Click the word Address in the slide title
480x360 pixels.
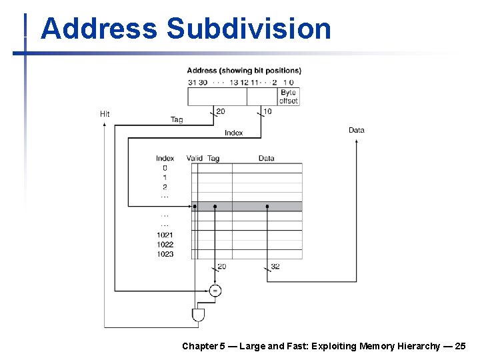[99, 29]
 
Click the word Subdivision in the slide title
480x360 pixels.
[249, 29]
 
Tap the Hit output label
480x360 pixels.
[105, 114]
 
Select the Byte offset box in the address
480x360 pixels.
[289, 97]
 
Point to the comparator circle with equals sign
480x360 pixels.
[215, 291]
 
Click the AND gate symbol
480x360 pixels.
[198, 315]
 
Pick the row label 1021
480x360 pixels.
[165, 235]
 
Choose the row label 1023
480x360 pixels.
[165, 254]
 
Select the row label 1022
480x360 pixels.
[165, 245]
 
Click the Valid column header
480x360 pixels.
[194, 158]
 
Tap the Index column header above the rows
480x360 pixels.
[165, 158]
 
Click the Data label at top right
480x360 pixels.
[357, 130]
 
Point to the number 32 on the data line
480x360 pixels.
[275, 266]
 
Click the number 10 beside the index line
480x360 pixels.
[267, 111]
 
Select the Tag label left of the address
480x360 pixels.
[177, 120]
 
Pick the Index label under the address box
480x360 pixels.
[233, 133]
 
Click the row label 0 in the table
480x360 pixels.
[165, 168]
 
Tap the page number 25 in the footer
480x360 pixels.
[461, 346]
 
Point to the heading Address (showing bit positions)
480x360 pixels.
[244, 70]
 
